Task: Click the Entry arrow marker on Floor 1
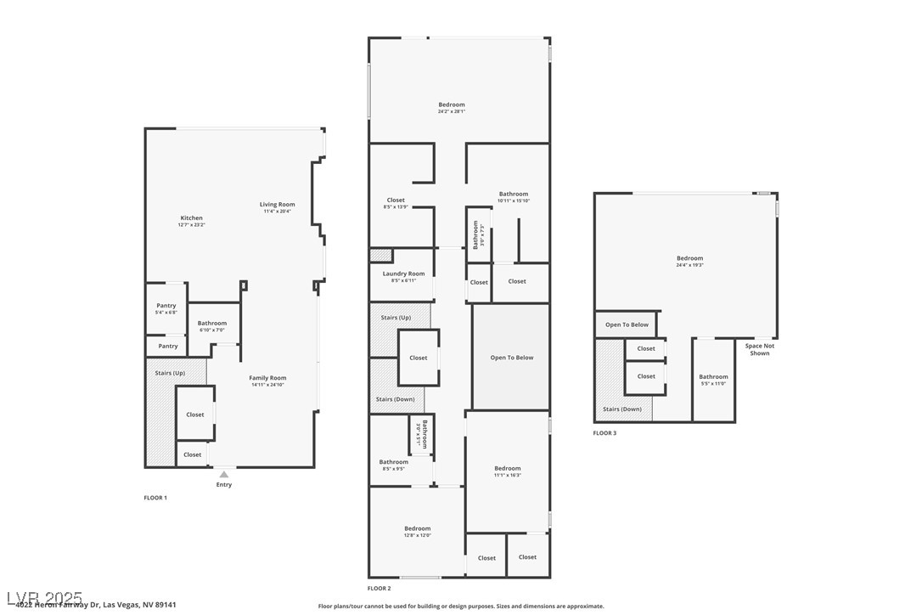tap(223, 474)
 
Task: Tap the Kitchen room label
tap(191, 218)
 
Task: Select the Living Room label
tap(277, 205)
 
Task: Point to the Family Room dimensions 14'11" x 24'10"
tap(267, 385)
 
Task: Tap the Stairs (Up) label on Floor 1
tap(170, 373)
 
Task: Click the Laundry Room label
tap(403, 274)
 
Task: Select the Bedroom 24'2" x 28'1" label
tap(452, 105)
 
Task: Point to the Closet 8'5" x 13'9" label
tap(396, 200)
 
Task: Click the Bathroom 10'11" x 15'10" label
tap(514, 195)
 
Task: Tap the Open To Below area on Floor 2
tap(512, 358)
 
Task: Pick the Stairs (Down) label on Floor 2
tap(395, 399)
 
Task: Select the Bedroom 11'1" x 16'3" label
tap(508, 469)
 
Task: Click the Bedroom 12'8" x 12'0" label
tap(417, 529)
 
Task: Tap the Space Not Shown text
tap(760, 349)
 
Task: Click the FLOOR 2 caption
tap(379, 588)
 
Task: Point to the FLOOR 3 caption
tap(604, 433)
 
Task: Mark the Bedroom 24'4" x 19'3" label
tap(689, 259)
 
